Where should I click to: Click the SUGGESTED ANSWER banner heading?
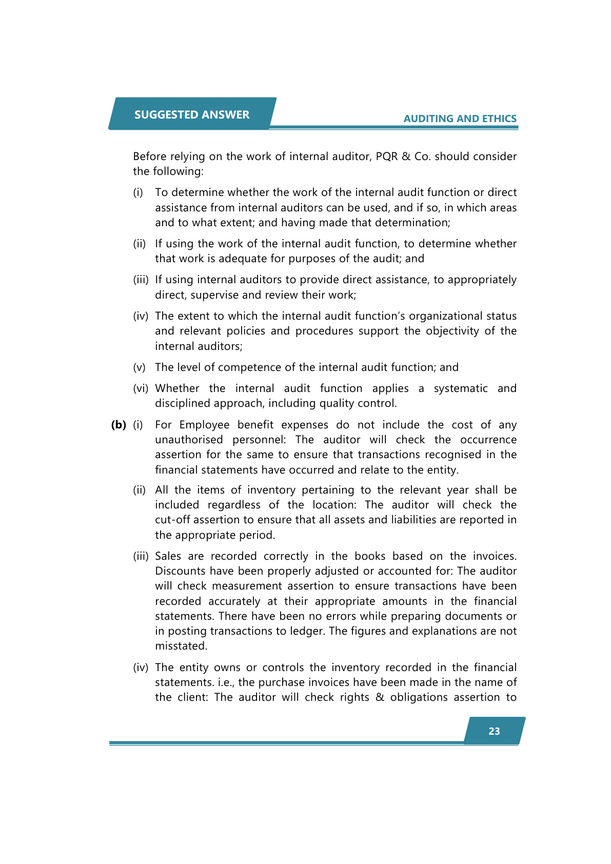coord(192,114)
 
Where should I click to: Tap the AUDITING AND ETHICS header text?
coord(460,119)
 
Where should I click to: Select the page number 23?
coord(494,731)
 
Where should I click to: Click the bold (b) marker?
coord(119,425)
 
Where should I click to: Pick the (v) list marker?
coord(139,367)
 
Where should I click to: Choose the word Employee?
coord(204,425)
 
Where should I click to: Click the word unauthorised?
coord(189,440)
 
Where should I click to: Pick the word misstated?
coord(181,646)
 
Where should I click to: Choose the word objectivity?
coord(454,331)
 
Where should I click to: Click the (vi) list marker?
coord(141,388)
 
